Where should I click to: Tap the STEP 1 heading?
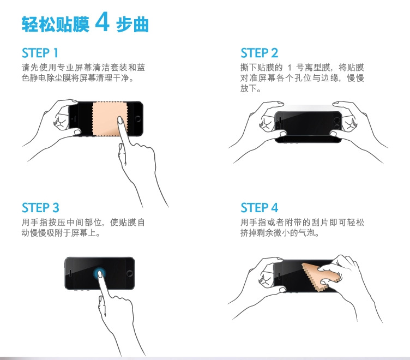point(40,53)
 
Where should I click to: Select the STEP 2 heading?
point(259,53)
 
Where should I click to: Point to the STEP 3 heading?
point(40,208)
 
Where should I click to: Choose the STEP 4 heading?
point(259,208)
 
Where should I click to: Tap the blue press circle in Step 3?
point(99,274)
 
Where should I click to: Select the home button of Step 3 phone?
point(129,273)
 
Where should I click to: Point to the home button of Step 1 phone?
point(138,119)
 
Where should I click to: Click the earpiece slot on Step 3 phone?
point(70,273)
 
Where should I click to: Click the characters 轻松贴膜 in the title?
point(55,25)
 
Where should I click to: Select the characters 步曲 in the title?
point(132,25)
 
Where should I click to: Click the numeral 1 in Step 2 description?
point(289,68)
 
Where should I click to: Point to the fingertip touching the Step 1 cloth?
point(120,121)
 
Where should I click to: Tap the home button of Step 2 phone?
point(337,121)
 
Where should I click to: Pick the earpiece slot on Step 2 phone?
point(280,121)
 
